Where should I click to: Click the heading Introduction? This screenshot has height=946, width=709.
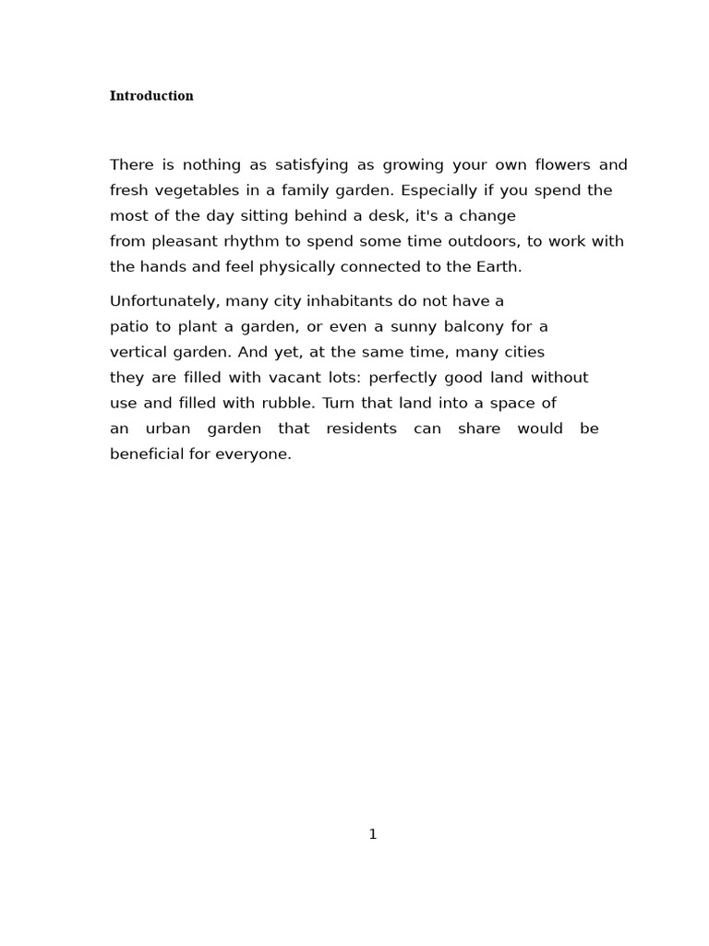click(x=151, y=96)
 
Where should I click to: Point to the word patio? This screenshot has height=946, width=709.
click(x=129, y=327)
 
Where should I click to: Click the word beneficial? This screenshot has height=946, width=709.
click(x=147, y=455)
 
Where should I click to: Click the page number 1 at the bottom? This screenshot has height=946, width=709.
click(x=373, y=834)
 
